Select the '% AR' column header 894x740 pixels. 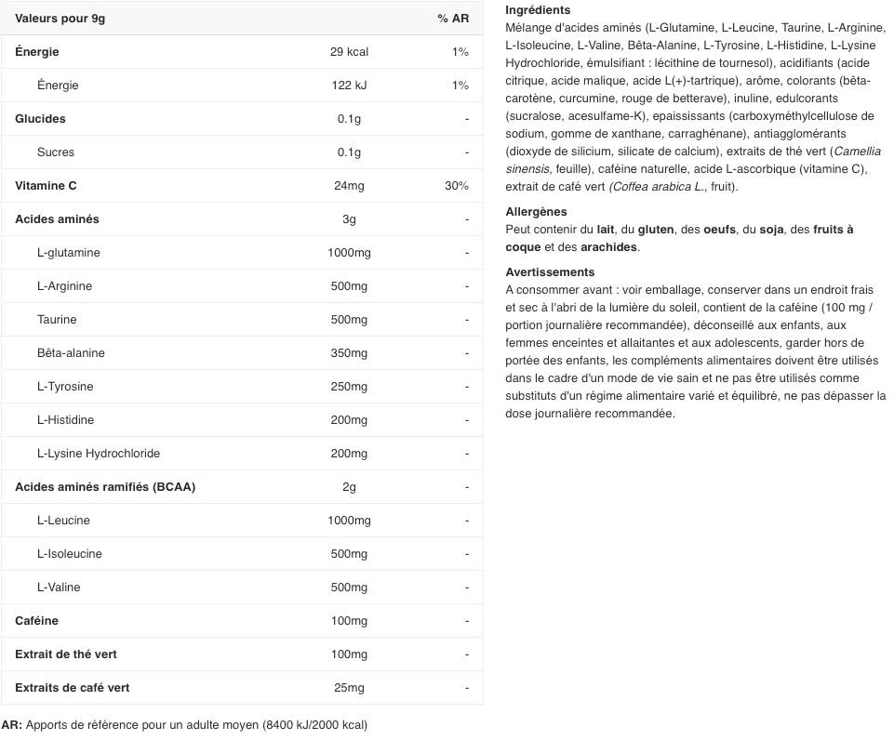453,19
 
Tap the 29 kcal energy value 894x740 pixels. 349,52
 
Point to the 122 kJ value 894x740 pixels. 349,86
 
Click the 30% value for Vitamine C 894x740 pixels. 457,186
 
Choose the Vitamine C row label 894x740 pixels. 46,186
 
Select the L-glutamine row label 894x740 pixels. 69,253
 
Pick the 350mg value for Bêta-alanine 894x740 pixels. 349,353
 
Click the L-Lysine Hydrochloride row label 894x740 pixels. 99,454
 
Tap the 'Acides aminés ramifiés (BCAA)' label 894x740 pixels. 105,487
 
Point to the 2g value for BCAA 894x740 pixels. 349,487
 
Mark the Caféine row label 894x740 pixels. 36,621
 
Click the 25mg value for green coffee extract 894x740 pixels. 349,688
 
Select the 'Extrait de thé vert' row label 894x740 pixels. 66,654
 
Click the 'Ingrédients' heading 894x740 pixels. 538,9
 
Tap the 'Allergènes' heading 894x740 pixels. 536,212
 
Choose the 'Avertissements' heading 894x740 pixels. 550,272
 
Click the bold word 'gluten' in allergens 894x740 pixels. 656,230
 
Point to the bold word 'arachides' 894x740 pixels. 609,247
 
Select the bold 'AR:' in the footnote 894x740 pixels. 12,725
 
